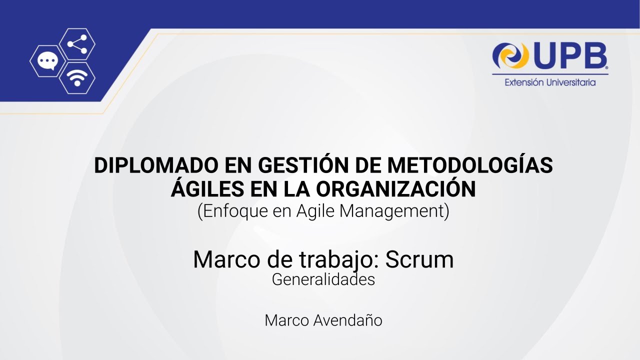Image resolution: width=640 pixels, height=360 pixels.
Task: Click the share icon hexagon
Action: [77, 44]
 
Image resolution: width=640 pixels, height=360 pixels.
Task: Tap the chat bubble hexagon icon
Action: [47, 61]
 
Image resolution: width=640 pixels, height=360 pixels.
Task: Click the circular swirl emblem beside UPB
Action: [510, 55]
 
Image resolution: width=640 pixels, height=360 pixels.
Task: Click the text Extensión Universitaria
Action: [550, 82]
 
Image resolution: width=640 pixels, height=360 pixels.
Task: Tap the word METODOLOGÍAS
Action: [470, 166]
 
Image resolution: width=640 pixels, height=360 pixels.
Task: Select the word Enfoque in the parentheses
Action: [233, 211]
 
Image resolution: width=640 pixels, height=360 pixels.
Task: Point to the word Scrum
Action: [419, 259]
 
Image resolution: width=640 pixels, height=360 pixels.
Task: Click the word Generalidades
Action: [323, 279]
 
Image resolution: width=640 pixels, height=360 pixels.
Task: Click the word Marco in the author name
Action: [287, 320]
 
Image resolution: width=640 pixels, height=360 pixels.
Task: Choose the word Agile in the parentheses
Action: [316, 211]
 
